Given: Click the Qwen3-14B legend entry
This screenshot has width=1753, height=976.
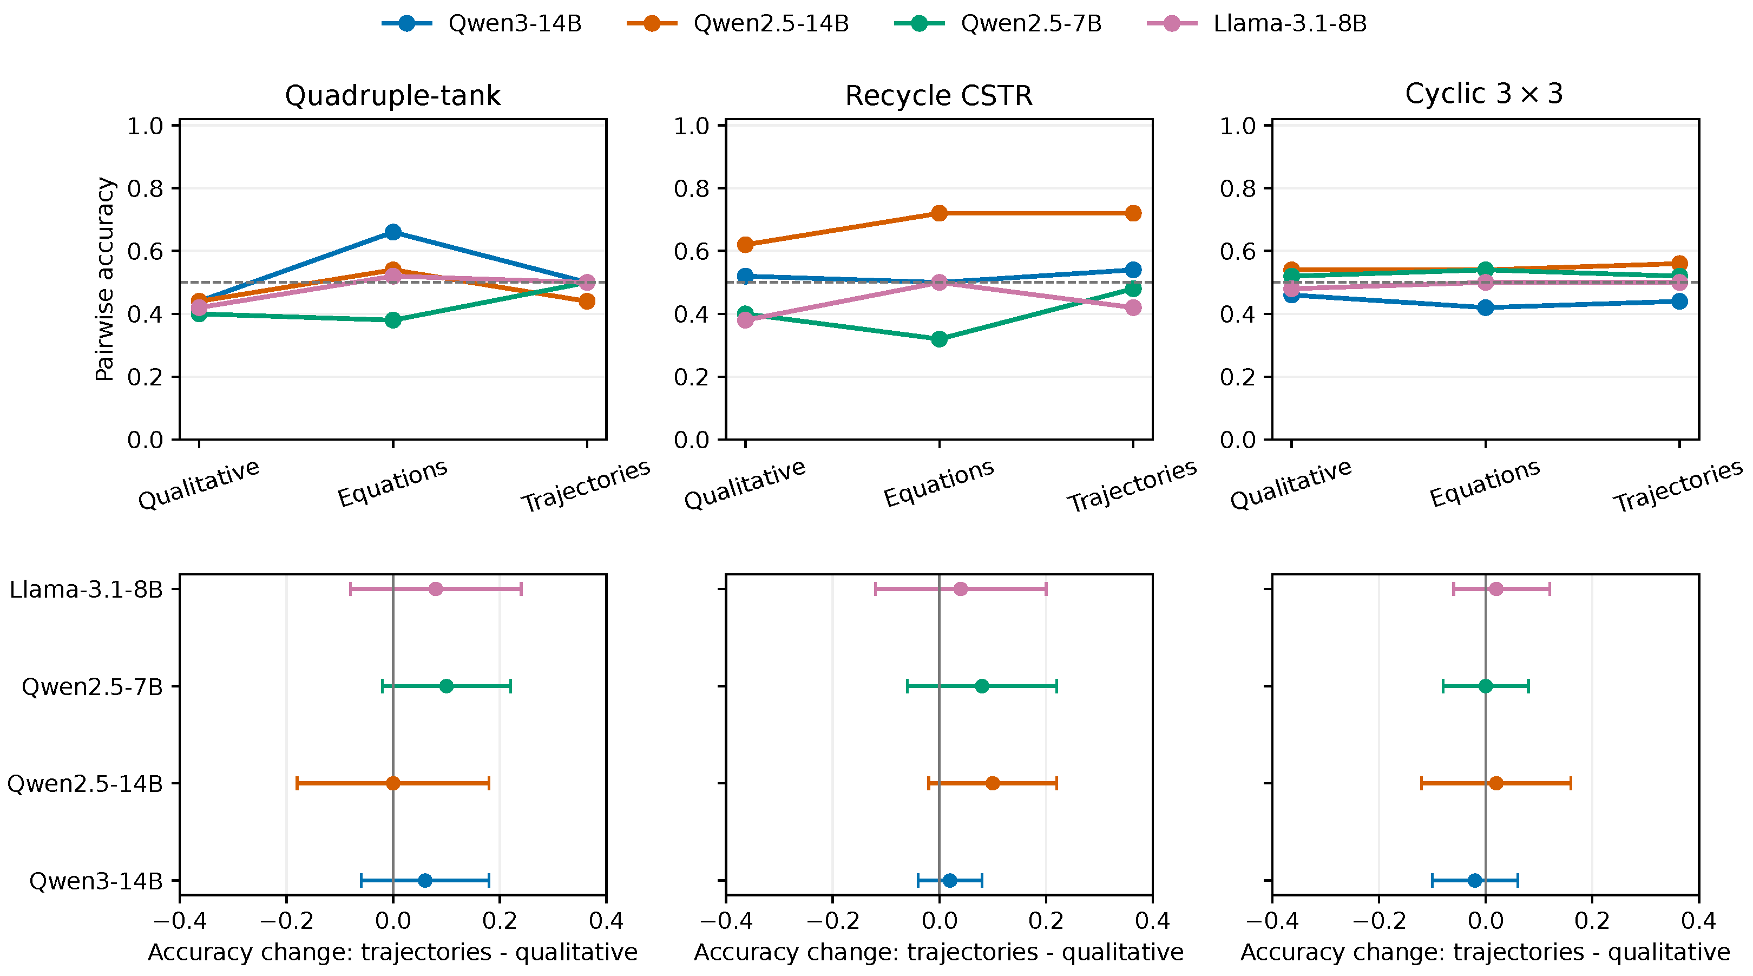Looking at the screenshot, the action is pyautogui.click(x=482, y=24).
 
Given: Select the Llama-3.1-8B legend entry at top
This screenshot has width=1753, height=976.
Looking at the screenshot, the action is pyautogui.click(x=1257, y=24).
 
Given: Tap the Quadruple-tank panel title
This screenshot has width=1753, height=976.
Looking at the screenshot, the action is pyautogui.click(x=393, y=95).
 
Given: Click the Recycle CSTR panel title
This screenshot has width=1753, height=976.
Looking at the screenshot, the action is pyautogui.click(x=938, y=95).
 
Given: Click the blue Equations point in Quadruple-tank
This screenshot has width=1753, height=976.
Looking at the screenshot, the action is pyautogui.click(x=393, y=232).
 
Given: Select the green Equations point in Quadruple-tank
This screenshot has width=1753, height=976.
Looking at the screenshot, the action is pyautogui.click(x=393, y=320).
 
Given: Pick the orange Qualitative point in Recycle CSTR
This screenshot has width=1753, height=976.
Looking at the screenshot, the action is pyautogui.click(x=745, y=244).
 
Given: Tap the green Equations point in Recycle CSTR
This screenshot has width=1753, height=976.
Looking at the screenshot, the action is pyautogui.click(x=939, y=339).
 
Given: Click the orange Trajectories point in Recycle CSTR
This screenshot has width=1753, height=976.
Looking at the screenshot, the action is pyautogui.click(x=1133, y=213).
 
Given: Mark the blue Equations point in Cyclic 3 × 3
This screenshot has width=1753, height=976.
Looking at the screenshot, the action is pyautogui.click(x=1486, y=307).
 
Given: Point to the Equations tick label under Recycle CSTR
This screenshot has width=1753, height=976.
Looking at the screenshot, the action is pyautogui.click(x=938, y=483).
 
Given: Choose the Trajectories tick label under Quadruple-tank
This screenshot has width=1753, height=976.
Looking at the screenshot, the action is pyautogui.click(x=586, y=485).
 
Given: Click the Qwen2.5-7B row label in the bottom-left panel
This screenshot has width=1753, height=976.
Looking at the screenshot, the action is pyautogui.click(x=93, y=687).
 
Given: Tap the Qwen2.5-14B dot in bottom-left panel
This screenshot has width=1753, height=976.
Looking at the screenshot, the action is pyautogui.click(x=393, y=783).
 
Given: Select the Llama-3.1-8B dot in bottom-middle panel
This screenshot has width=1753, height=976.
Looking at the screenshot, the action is pyautogui.click(x=960, y=589).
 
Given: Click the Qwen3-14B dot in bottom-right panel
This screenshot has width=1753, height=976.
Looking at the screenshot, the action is pyautogui.click(x=1475, y=881).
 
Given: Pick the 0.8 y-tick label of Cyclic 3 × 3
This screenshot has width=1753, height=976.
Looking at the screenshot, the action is pyautogui.click(x=1237, y=188).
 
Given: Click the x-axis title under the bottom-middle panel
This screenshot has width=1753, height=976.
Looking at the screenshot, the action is pyautogui.click(x=938, y=952).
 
